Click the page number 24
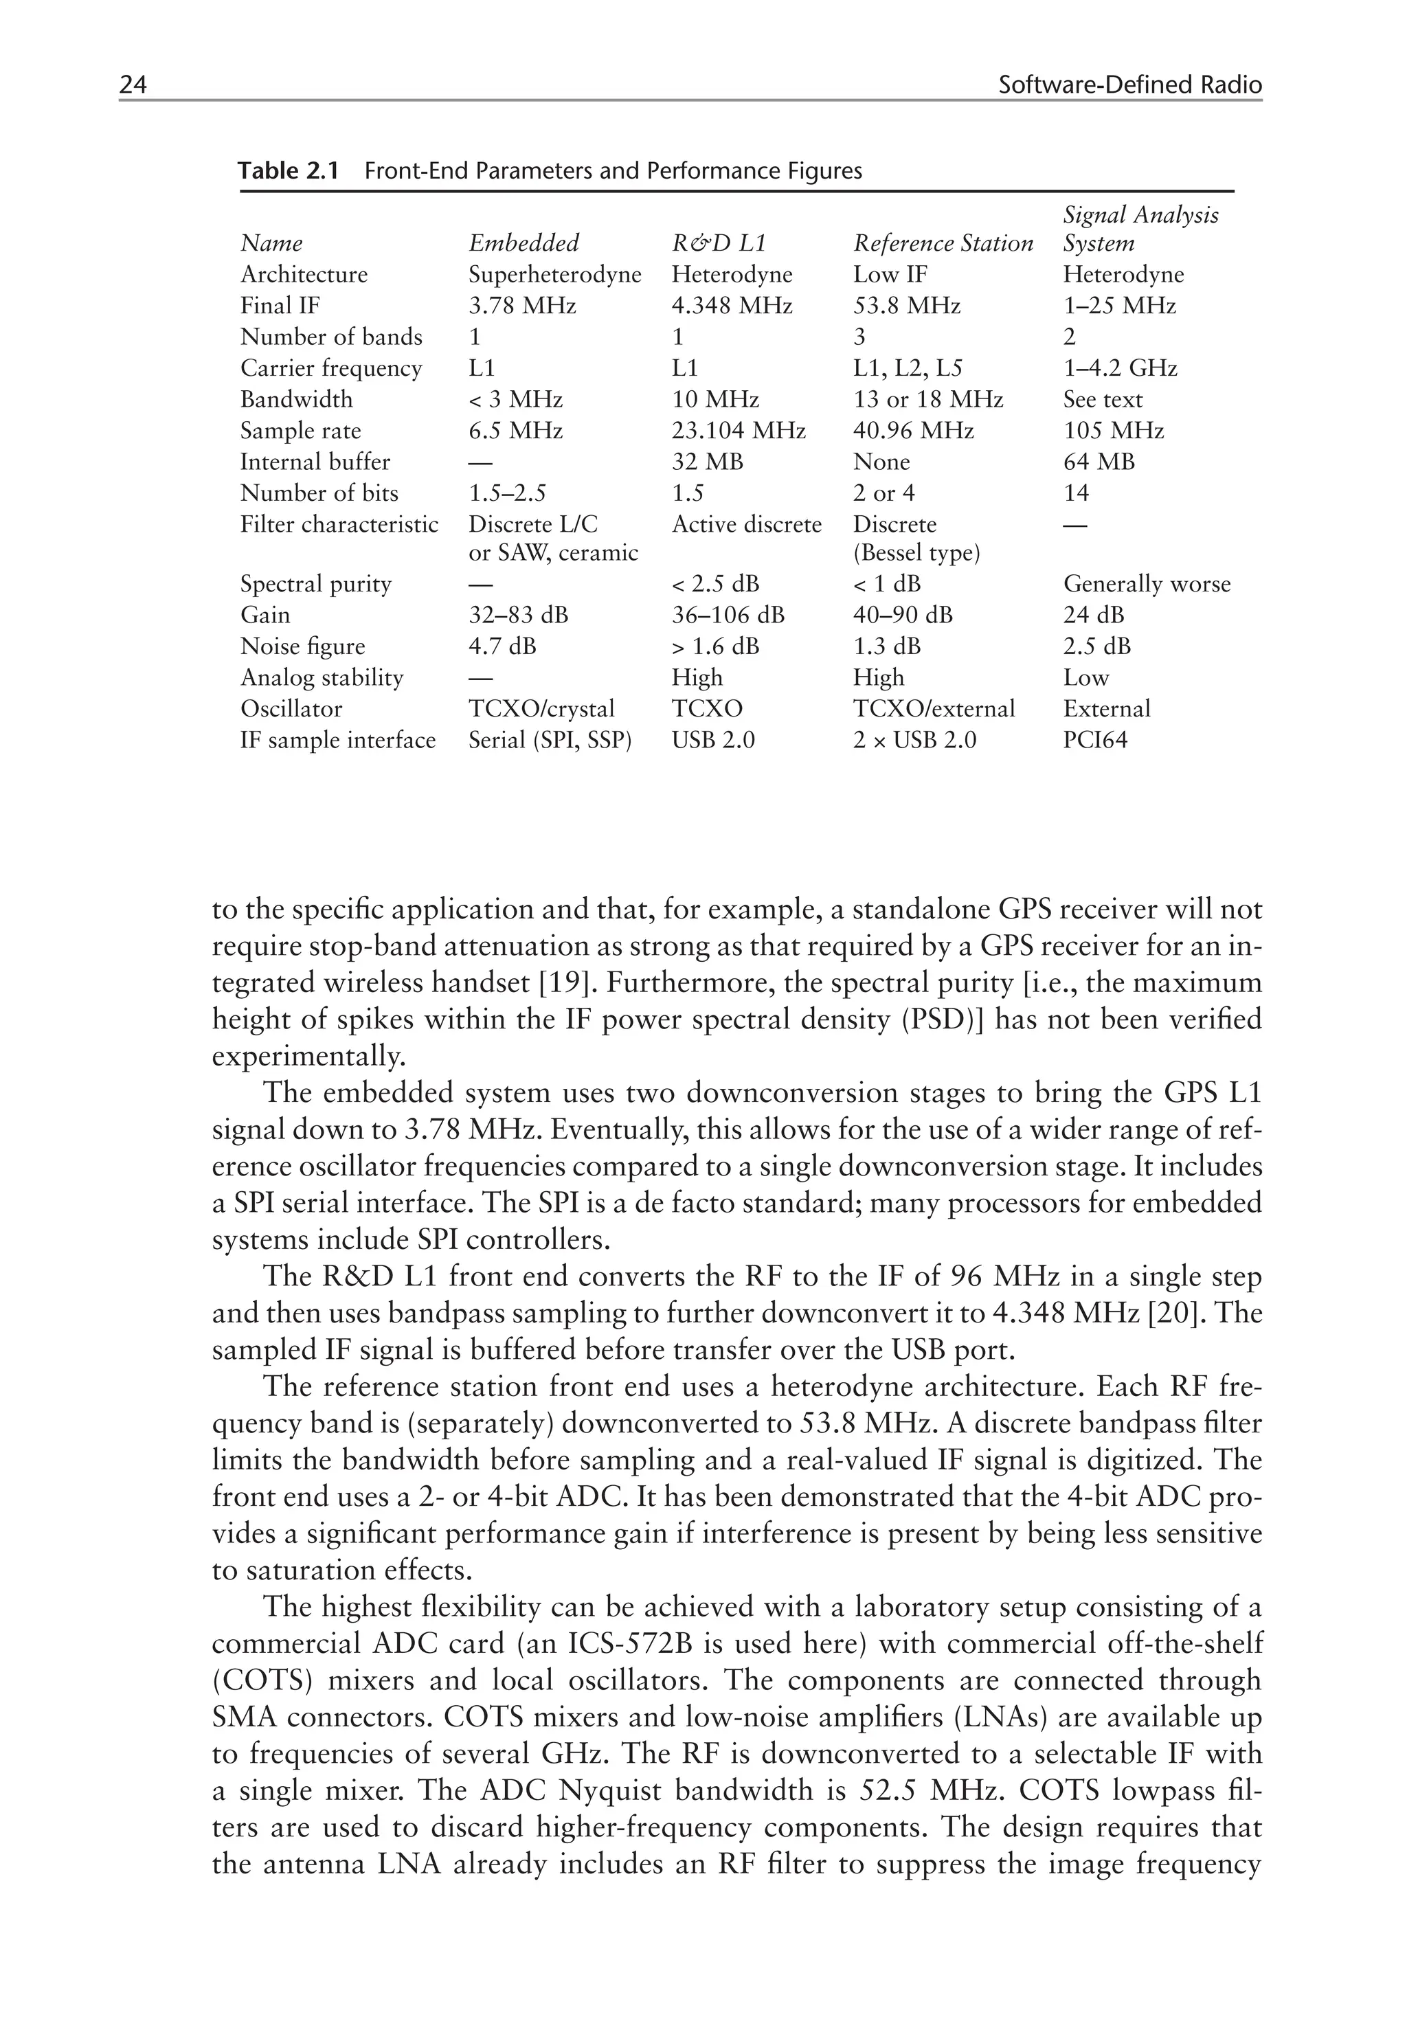[133, 85]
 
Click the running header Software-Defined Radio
[1129, 85]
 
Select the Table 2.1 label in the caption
[288, 170]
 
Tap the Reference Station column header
[943, 243]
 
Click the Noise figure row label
[302, 646]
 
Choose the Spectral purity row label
[315, 584]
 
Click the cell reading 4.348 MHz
[732, 306]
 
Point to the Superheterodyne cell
[554, 275]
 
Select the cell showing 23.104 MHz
[738, 431]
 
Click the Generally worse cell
[1146, 584]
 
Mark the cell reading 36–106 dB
[728, 615]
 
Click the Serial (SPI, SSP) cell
[550, 740]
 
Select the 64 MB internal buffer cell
[1098, 462]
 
